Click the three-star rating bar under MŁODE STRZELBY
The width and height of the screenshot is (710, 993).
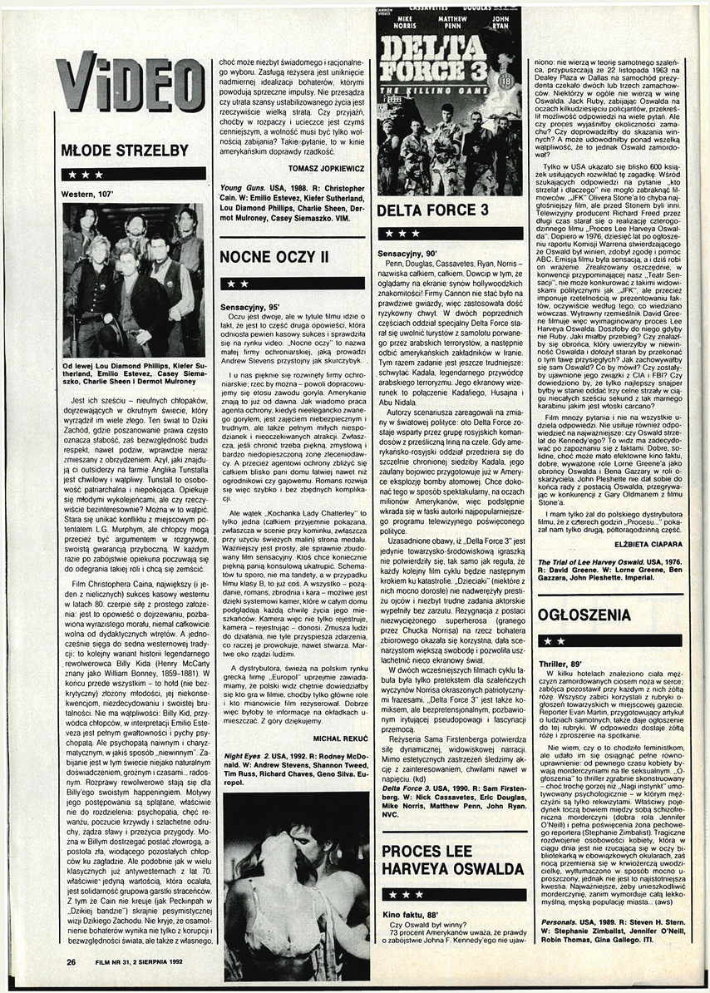pos(133,175)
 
